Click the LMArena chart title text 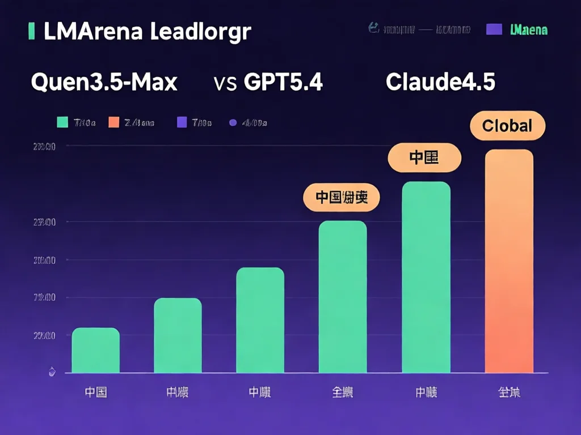147,32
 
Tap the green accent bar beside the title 32,32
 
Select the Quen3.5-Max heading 104,83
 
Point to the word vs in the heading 226,83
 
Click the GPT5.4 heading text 283,83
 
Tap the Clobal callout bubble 507,126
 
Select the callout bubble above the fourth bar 341,198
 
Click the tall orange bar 509,261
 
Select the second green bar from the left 178,335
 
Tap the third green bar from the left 260,320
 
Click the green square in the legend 63,122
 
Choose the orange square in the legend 113,122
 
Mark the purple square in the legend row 182,122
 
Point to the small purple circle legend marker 232,122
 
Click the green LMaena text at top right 529,29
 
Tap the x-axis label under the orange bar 509,392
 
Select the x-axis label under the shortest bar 95,392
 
